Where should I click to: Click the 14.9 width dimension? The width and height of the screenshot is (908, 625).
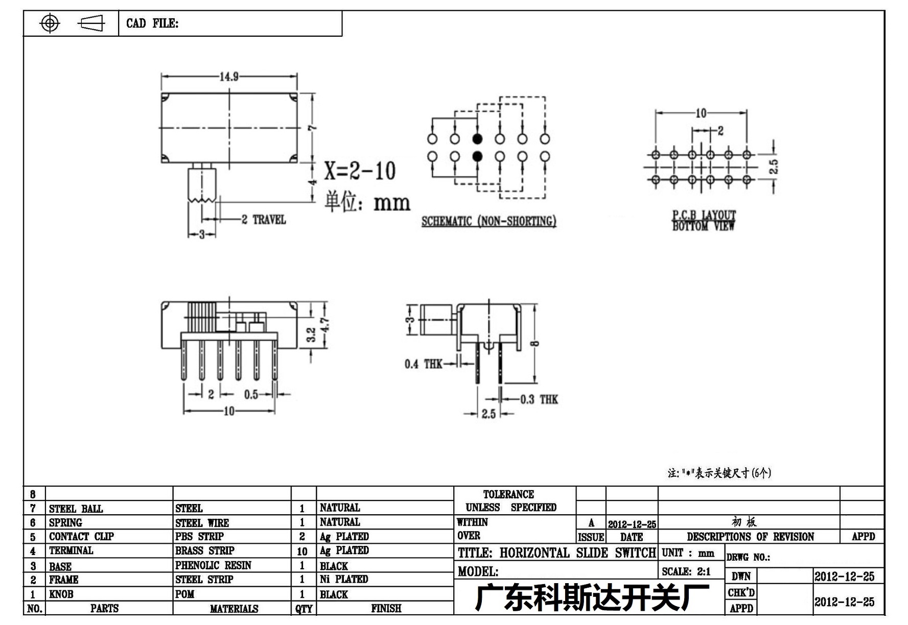229,77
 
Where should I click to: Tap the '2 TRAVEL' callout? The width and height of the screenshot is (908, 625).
264,220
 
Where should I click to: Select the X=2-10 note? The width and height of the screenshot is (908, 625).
360,171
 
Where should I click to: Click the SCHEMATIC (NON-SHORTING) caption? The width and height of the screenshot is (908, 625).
488,221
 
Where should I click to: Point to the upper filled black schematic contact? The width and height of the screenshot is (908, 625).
477,139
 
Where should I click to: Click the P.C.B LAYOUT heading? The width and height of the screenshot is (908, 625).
704,215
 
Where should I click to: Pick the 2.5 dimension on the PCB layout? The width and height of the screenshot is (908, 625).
774,166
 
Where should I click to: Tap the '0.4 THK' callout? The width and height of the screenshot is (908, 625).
423,364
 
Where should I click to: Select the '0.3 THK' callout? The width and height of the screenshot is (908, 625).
539,399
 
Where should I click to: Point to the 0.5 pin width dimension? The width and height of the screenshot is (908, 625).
251,395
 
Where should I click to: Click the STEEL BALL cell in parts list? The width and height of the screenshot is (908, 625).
76,509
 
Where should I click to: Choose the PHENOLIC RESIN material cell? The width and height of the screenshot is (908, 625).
213,565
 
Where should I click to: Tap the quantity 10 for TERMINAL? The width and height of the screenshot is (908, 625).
302,551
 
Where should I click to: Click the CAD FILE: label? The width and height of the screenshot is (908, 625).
152,23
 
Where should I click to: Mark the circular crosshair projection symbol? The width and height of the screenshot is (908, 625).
50,23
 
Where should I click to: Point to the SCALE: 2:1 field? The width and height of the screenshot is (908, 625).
686,572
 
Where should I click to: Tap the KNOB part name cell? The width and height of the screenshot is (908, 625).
61,594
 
